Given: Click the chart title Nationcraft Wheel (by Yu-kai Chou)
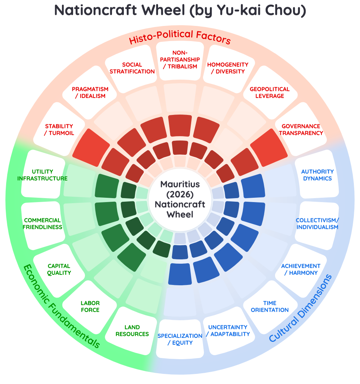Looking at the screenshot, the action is (180, 10).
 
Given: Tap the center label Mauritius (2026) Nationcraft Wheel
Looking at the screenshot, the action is (180, 199).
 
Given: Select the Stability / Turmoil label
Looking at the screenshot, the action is (59, 130).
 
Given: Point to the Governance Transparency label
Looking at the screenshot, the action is (301, 130).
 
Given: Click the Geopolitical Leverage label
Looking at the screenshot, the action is (270, 93).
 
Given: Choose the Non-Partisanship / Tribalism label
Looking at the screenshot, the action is (180, 59).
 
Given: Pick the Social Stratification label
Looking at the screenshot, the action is (132, 68).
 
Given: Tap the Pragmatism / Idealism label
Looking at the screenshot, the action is (90, 93).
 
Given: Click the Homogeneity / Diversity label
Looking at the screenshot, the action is (228, 68).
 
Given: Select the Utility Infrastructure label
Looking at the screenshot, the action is (42, 175).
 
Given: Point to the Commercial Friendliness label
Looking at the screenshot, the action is (42, 224).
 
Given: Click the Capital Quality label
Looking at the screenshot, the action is (59, 269).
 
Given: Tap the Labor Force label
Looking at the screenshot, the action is (90, 306).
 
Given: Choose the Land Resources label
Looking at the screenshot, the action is (132, 331).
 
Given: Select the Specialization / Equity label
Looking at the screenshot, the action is (180, 339).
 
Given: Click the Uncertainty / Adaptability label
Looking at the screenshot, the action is (228, 331).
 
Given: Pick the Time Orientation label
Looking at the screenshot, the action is (270, 306).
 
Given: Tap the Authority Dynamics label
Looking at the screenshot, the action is (318, 175).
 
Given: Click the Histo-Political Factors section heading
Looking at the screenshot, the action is (180, 37).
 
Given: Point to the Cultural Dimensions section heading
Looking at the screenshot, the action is (301, 308).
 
